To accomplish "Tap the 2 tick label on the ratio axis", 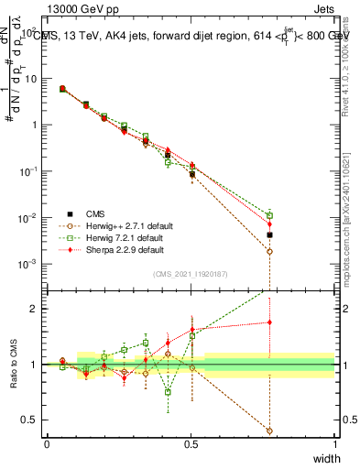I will (x=35, y=309).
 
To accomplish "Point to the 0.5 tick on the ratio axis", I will (x=31, y=420).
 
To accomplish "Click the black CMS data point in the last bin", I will (x=269, y=235).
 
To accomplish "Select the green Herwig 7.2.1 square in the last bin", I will (x=269, y=215).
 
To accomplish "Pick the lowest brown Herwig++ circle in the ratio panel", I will (x=269, y=431).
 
